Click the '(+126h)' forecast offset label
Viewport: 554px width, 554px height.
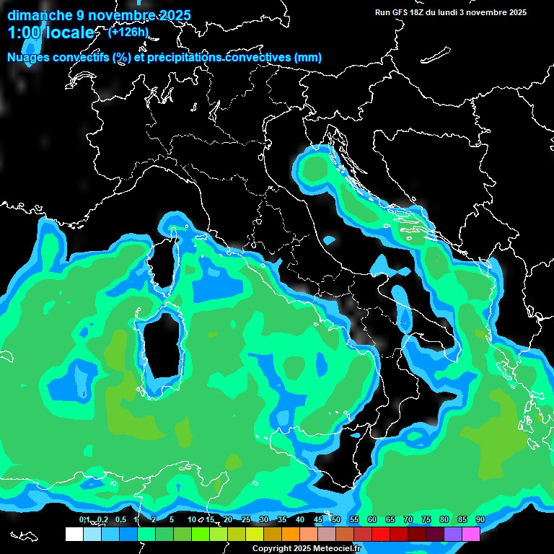[128, 32]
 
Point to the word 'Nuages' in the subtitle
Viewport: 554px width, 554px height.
[28, 57]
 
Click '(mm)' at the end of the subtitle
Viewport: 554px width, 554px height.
[307, 57]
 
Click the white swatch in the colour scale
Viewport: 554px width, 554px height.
[74, 534]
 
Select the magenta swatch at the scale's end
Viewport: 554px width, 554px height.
[471, 534]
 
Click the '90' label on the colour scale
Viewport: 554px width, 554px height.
[480, 519]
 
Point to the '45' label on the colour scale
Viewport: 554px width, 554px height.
[318, 519]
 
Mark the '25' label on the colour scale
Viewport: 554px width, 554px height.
[246, 519]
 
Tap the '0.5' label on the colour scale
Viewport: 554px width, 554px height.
[120, 519]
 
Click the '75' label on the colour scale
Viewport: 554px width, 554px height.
[426, 519]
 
